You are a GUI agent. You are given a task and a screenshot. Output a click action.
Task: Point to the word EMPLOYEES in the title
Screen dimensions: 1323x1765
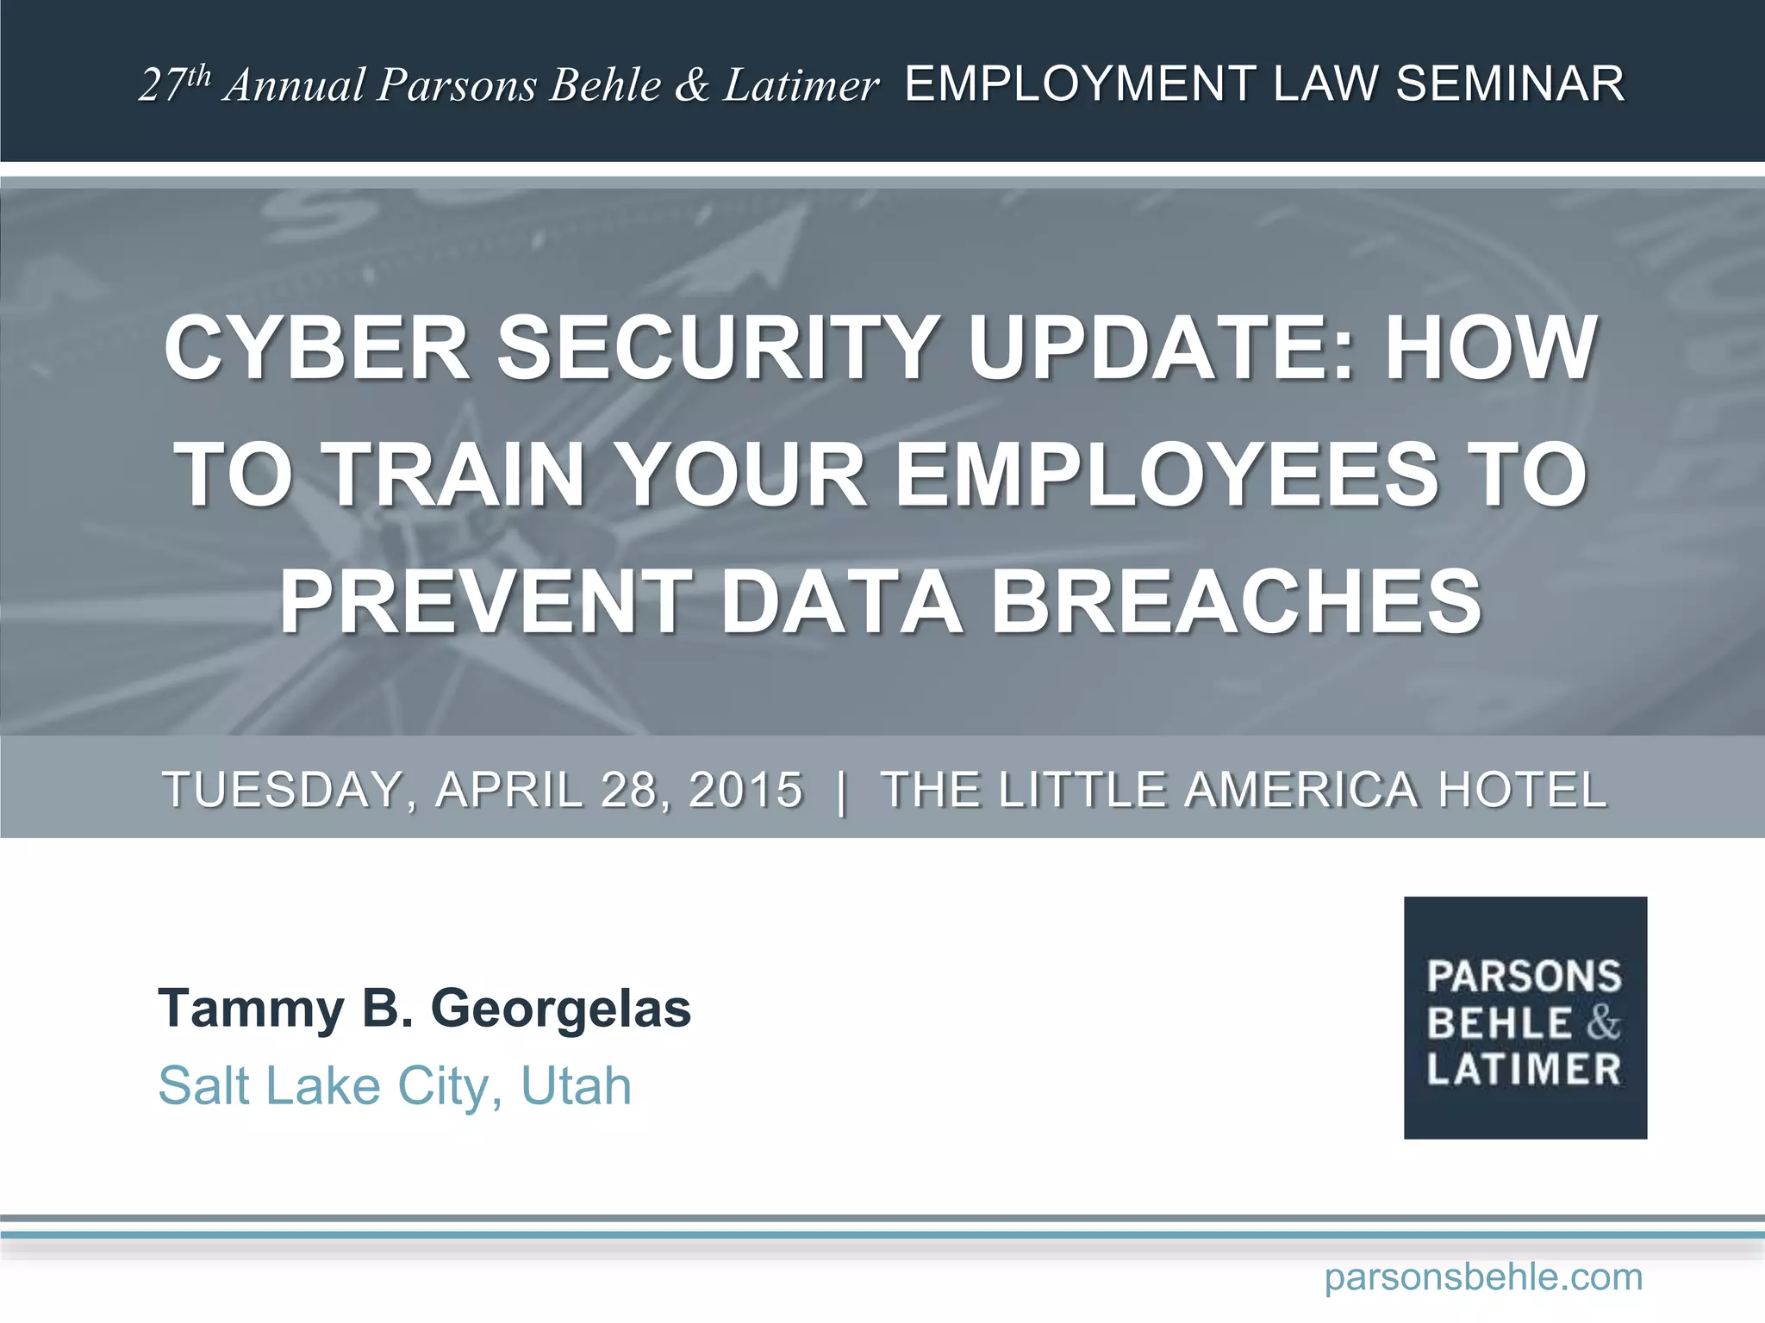pos(1167,475)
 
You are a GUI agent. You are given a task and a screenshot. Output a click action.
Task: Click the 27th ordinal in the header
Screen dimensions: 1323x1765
pos(174,84)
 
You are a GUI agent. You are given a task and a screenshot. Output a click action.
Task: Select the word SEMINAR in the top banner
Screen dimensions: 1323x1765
pos(1510,84)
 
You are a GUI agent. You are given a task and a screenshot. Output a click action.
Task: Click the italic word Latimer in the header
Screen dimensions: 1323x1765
pos(801,84)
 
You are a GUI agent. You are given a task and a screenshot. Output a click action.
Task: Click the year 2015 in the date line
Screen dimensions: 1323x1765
pos(746,790)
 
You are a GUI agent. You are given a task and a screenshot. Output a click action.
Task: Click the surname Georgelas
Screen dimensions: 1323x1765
pos(560,1008)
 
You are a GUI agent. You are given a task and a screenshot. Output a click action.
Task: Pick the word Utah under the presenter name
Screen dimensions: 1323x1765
pos(576,1085)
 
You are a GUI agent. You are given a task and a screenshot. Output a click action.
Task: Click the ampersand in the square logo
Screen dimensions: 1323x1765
pos(1603,1023)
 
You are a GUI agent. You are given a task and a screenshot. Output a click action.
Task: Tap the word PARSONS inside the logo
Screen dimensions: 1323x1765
pos(1524,977)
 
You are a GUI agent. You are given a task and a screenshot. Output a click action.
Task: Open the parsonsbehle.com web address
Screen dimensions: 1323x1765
pos(1483,1276)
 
